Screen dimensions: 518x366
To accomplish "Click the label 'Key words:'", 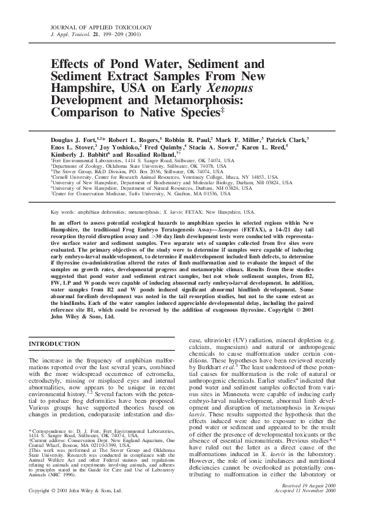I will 65,211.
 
